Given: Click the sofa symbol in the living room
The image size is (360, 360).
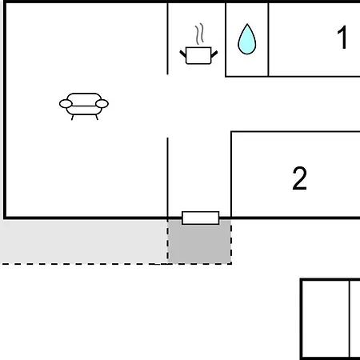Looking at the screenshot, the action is [84, 106].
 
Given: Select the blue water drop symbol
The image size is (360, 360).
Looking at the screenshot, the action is [247, 39].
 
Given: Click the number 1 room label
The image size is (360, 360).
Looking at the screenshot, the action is [342, 38].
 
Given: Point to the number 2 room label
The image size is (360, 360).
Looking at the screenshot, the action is [299, 178].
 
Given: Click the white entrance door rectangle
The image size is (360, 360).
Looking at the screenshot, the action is [201, 218].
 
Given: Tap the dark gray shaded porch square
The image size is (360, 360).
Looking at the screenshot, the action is [199, 242].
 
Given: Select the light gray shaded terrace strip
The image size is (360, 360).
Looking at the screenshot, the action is [84, 242].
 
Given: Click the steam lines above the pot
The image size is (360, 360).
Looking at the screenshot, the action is [199, 34].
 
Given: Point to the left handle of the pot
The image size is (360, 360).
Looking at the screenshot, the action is [183, 54].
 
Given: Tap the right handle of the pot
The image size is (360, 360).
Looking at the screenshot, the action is [214, 54].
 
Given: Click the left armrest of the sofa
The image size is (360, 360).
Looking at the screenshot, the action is [66, 104].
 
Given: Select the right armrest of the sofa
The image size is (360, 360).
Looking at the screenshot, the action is [102, 103].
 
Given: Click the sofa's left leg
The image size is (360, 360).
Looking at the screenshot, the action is [72, 118].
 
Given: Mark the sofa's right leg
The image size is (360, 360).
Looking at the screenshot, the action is [97, 117].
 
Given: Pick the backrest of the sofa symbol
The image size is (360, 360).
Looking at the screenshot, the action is [84, 97].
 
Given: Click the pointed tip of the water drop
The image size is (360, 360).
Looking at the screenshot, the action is [247, 24].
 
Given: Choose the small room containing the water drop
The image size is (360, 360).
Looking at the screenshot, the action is [247, 39].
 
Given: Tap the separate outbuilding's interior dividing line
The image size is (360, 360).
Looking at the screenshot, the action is [350, 319].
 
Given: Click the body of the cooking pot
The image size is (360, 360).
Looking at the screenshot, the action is [198, 56].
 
